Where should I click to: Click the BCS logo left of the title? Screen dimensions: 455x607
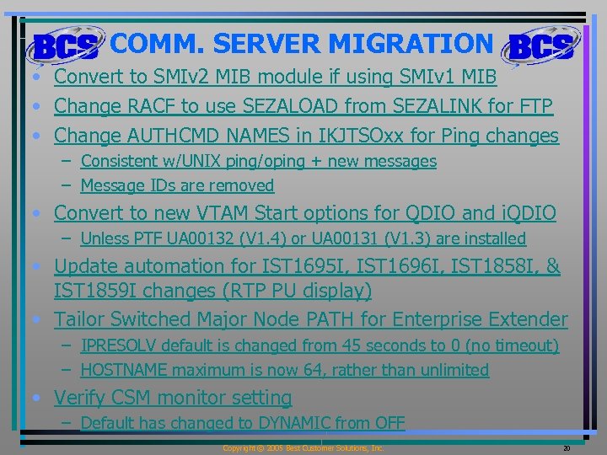pyautogui.click(x=64, y=47)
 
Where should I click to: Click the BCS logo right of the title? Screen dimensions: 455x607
pyautogui.click(x=540, y=47)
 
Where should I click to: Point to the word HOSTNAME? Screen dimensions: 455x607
pyautogui.click(x=122, y=370)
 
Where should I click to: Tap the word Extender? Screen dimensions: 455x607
pyautogui.click(x=526, y=319)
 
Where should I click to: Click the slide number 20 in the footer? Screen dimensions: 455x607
pyautogui.click(x=566, y=448)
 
